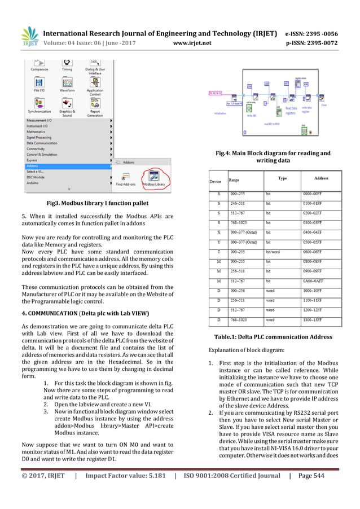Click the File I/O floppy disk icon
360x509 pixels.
(39, 82)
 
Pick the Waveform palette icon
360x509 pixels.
(67, 82)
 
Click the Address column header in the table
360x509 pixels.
(321, 178)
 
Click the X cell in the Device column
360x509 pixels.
(218, 232)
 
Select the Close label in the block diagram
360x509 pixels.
(324, 105)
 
